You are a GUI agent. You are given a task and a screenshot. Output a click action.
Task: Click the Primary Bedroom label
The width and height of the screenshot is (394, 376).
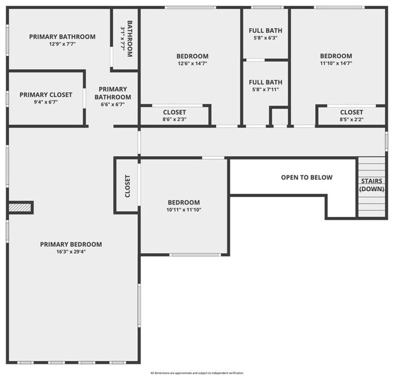click(71, 244)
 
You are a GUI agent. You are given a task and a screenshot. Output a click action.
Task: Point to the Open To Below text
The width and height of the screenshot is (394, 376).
click(306, 177)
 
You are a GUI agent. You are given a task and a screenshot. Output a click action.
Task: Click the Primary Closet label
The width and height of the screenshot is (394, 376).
click(45, 95)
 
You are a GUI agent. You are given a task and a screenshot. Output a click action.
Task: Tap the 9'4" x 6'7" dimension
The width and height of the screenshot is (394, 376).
click(45, 102)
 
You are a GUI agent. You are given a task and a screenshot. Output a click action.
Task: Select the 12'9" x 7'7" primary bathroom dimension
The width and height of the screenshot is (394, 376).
click(62, 44)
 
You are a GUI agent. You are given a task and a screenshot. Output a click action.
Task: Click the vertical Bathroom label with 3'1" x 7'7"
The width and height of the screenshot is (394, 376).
click(125, 38)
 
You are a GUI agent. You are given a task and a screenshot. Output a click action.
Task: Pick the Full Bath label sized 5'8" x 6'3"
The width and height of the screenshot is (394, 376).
click(265, 31)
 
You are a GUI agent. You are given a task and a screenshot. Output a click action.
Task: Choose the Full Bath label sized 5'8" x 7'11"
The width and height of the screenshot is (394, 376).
click(265, 82)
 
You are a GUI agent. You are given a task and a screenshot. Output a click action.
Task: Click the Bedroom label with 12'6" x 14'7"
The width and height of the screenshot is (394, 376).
click(192, 56)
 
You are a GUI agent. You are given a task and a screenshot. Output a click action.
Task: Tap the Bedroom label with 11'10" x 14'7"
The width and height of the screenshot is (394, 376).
click(336, 56)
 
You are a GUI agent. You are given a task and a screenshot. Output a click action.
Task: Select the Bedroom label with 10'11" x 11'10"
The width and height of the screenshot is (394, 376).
click(184, 202)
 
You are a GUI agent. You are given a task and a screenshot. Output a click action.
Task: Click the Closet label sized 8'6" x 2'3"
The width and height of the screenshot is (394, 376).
click(175, 112)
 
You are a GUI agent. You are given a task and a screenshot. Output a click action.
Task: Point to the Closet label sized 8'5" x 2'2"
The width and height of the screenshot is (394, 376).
click(351, 112)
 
